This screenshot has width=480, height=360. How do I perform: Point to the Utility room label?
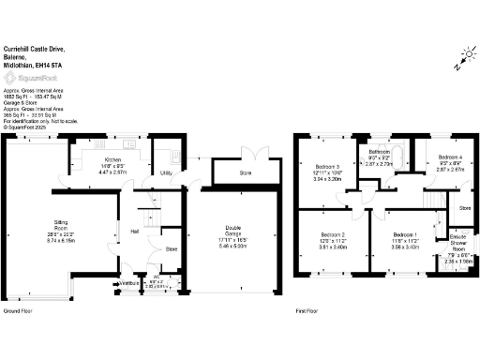point(165,173)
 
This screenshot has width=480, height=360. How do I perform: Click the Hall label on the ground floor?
point(134,231)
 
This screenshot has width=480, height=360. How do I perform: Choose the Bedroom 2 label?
point(334,233)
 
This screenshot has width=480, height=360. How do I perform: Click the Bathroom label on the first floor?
point(379,150)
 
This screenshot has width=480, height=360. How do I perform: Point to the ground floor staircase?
point(146,202)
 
